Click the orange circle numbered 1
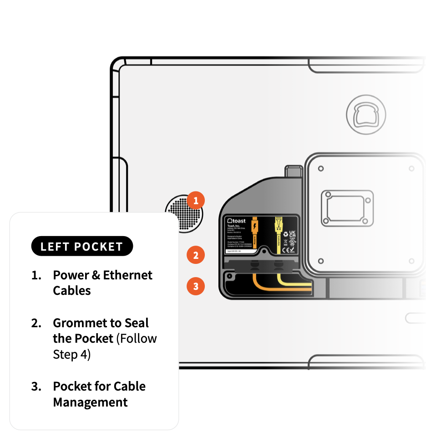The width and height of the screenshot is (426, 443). (196, 201)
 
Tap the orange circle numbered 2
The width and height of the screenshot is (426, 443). (196, 255)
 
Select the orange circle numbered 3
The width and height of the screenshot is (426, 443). (196, 287)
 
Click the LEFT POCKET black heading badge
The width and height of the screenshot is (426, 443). (82, 247)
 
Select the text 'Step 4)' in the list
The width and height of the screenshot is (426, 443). (71, 355)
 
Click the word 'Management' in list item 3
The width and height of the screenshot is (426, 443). (90, 402)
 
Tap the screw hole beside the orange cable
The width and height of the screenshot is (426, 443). (230, 276)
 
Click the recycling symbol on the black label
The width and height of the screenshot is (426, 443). (285, 234)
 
